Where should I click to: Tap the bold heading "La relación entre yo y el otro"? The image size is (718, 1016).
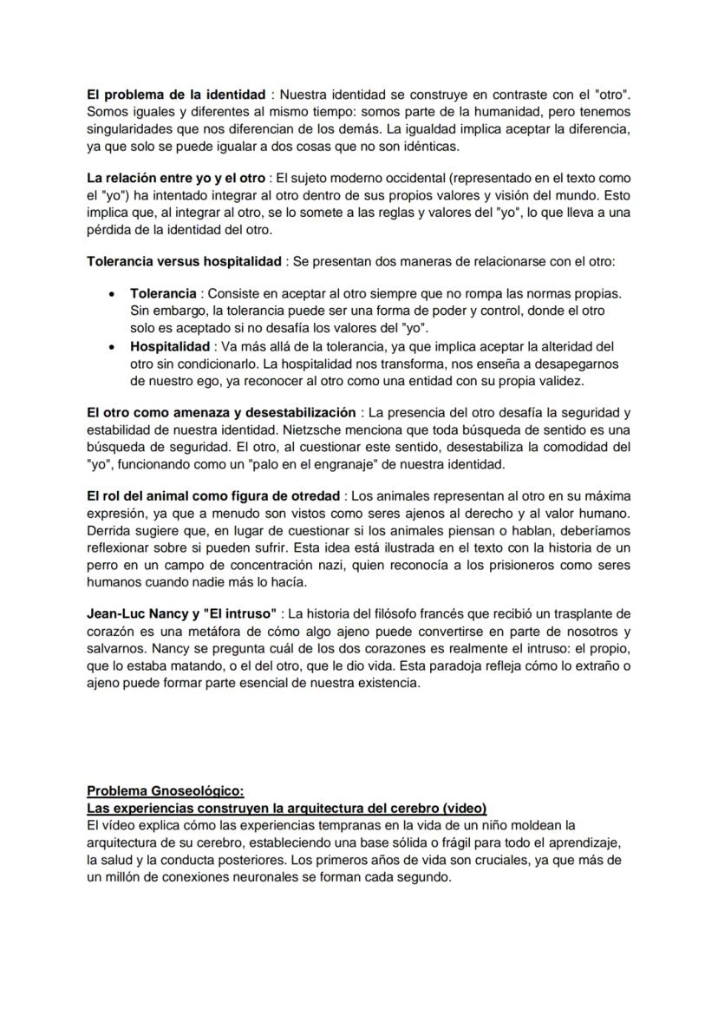coord(176,179)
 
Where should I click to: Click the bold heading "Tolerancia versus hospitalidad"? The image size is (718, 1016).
coord(184,261)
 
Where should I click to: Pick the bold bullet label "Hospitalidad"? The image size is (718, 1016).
coord(170,346)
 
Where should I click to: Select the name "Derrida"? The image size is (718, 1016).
coord(109,530)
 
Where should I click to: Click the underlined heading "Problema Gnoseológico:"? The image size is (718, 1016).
coord(166,790)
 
